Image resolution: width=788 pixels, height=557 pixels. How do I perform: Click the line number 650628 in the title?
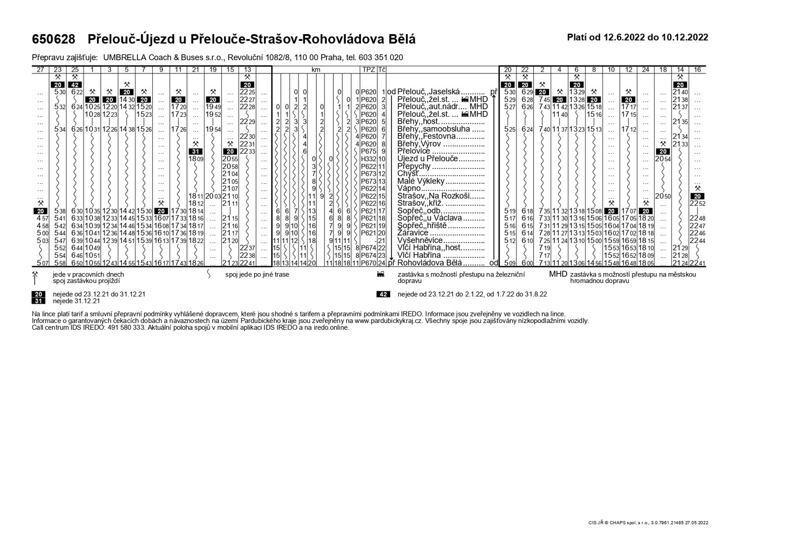tap(54, 39)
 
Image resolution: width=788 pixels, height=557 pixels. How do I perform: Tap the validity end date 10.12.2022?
tap(685, 37)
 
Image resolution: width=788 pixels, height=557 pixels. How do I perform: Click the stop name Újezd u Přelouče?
tap(427, 159)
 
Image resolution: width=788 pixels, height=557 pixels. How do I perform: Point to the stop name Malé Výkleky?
tap(421, 181)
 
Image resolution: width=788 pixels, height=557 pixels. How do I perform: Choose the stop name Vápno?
tap(409, 188)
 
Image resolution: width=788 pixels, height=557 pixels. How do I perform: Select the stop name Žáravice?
tap(413, 233)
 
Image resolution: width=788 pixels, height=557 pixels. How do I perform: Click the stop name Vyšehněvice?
tap(420, 241)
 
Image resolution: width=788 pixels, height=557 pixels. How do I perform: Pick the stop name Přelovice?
tap(414, 151)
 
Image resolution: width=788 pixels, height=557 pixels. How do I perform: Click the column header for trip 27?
tap(40, 70)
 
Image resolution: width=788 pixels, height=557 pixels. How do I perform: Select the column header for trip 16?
tap(697, 70)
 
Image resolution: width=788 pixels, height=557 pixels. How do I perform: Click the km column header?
tap(316, 70)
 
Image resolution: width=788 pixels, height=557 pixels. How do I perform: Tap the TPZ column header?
tap(368, 70)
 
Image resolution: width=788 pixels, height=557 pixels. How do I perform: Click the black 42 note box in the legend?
tap(383, 294)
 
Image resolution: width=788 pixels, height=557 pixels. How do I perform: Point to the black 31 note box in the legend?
tap(38, 301)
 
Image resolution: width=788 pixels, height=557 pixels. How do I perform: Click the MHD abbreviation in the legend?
tap(558, 274)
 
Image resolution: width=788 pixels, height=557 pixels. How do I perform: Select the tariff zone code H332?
tap(368, 159)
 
